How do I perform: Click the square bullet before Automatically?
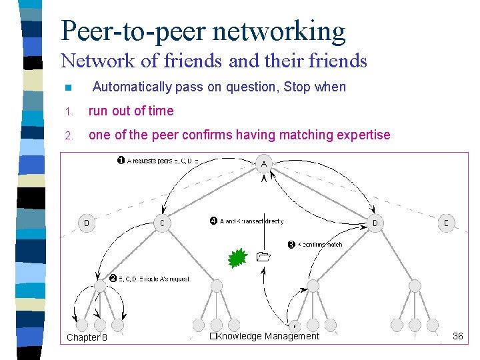pyautogui.click(x=67, y=88)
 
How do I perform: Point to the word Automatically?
pyautogui.click(x=132, y=87)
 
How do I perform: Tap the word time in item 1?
pyautogui.click(x=161, y=111)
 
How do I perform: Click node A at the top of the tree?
pyautogui.click(x=265, y=163)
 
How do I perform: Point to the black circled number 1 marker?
pyautogui.click(x=121, y=161)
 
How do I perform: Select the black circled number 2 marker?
pyautogui.click(x=113, y=278)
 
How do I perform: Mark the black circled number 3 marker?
pyautogui.click(x=291, y=245)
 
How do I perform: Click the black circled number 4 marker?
pyautogui.click(x=213, y=221)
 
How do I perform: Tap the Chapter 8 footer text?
pyautogui.click(x=87, y=337)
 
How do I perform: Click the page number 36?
pyautogui.click(x=457, y=336)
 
